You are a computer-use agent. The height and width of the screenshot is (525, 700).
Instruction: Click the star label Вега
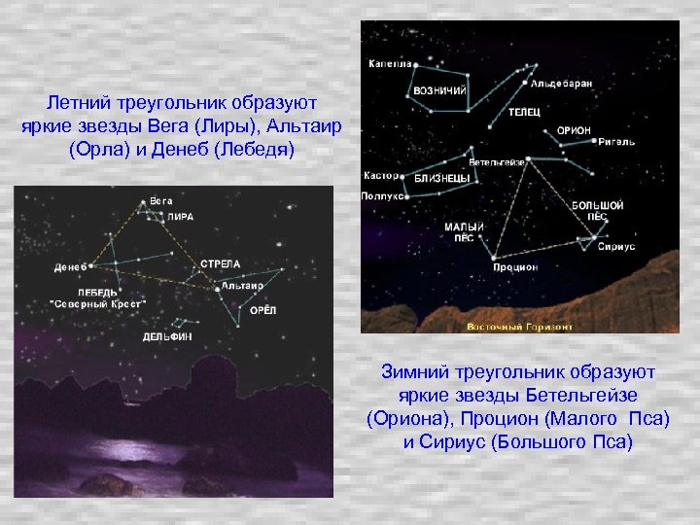(161, 201)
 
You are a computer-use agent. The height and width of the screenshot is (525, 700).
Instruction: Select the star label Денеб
(71, 265)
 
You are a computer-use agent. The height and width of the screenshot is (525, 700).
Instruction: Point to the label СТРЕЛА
(220, 263)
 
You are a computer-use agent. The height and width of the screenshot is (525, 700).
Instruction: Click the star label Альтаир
(242, 286)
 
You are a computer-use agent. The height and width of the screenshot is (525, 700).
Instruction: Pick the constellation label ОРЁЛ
(263, 310)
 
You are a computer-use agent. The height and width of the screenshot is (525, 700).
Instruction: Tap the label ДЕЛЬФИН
(168, 336)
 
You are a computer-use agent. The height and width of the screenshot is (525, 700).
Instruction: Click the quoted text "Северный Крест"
(97, 303)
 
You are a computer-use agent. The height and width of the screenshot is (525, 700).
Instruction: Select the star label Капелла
(387, 64)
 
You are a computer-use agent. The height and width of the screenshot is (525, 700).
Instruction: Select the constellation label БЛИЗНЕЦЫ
(442, 179)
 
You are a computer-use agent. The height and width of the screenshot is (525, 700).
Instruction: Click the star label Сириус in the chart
(616, 247)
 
